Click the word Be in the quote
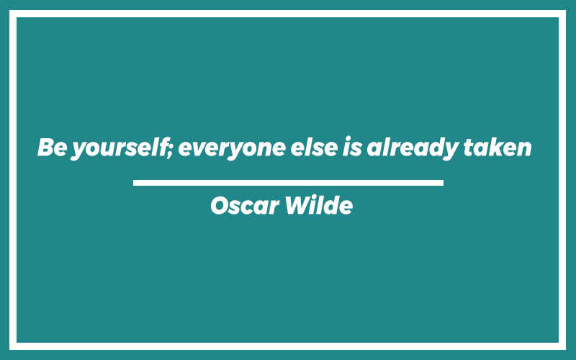52,147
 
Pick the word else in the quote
314,147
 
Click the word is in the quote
352,147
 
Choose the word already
413,148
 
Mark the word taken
498,147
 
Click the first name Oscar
245,205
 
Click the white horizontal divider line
288,183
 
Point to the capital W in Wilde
299,205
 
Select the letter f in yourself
162,147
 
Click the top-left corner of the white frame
9,10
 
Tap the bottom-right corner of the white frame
566,350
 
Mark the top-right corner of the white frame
566,10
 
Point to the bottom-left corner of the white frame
9,350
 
